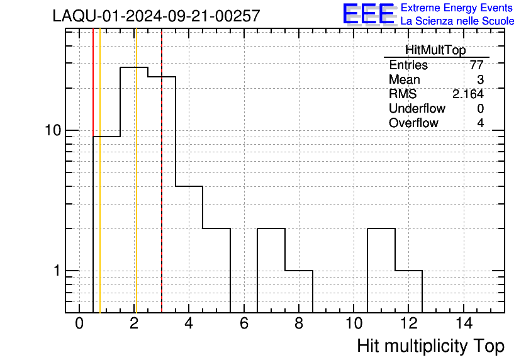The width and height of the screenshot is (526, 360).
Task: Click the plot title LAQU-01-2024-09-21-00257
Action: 156,16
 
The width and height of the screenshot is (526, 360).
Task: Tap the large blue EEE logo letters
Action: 369,14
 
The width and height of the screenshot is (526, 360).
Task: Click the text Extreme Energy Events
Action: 457,8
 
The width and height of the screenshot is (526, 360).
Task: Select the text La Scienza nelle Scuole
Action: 457,21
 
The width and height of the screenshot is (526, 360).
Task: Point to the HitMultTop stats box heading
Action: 435,50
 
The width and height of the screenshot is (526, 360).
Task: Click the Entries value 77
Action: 477,65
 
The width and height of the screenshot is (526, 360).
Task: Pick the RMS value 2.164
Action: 468,94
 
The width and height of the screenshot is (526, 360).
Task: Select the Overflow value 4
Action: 480,123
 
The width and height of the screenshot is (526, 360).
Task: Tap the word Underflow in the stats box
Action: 417,108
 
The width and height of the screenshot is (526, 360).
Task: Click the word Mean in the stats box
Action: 404,80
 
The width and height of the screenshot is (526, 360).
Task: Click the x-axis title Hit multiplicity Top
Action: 431,346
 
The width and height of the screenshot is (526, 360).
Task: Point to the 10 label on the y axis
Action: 53,130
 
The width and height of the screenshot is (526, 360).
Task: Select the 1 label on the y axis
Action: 57,271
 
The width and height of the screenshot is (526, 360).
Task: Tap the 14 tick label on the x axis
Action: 464,323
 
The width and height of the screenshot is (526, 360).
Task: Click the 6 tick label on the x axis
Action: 244,323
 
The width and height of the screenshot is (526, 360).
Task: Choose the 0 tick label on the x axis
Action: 79,323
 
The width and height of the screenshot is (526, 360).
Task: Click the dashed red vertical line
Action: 162,171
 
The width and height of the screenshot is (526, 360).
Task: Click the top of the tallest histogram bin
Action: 134,67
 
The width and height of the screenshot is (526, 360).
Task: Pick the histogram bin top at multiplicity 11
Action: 381,228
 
